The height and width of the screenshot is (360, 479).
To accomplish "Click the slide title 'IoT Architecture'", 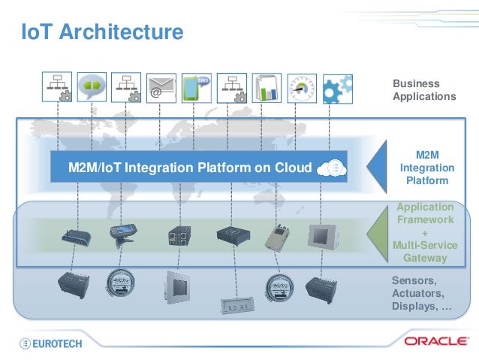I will click(101, 32).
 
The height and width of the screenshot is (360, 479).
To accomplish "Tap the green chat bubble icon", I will click(91, 86).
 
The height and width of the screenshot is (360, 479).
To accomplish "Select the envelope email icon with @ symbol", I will click(160, 87).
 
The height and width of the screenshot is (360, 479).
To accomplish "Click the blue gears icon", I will click(337, 87).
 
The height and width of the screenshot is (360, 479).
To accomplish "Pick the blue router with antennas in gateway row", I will click(77, 236).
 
